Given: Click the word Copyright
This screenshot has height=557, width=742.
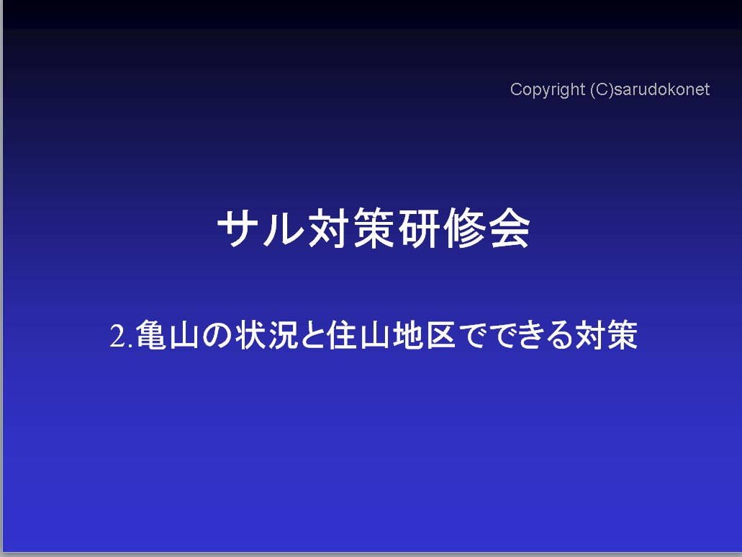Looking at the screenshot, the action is tap(548, 90).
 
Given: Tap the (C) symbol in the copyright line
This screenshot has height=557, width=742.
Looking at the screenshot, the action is tap(602, 89).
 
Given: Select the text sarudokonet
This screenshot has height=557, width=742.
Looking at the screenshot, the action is tap(662, 89).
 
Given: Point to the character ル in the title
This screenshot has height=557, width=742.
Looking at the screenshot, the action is tap(283, 228).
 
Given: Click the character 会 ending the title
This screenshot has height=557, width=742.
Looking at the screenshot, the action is tap(510, 228).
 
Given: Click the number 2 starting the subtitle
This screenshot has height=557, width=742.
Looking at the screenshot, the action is tap(118, 336).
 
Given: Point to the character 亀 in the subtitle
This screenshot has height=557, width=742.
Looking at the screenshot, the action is tap(151, 335).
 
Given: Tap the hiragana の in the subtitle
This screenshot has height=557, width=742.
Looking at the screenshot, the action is tap(217, 335).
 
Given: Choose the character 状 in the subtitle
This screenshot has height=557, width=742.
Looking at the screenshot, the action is tap(250, 335).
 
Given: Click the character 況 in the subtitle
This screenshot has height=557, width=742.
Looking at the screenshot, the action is tap(284, 335).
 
